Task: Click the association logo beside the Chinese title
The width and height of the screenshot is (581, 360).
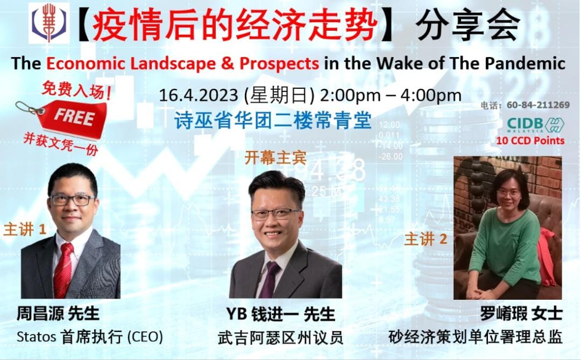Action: (49, 23)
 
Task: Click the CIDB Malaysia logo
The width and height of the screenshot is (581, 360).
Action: (535, 125)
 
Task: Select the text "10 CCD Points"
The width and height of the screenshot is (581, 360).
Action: (530, 140)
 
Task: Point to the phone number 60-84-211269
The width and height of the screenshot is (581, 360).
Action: (538, 105)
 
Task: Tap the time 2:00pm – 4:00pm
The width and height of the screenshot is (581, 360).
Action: (391, 96)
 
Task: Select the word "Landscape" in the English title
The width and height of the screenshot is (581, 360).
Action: (172, 64)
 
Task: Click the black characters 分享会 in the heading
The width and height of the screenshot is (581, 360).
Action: (468, 26)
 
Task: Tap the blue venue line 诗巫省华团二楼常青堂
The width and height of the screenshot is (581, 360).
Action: (273, 120)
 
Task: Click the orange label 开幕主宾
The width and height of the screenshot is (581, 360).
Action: (275, 158)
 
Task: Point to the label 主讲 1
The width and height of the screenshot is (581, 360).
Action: (25, 229)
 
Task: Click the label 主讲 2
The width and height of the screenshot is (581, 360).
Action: (426, 239)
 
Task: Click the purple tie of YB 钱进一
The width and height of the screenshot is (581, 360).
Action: (270, 279)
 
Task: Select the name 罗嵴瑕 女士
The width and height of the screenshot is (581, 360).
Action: (521, 314)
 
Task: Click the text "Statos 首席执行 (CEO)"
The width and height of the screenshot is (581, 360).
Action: (90, 337)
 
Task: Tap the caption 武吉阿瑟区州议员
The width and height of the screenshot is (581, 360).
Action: (280, 338)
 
